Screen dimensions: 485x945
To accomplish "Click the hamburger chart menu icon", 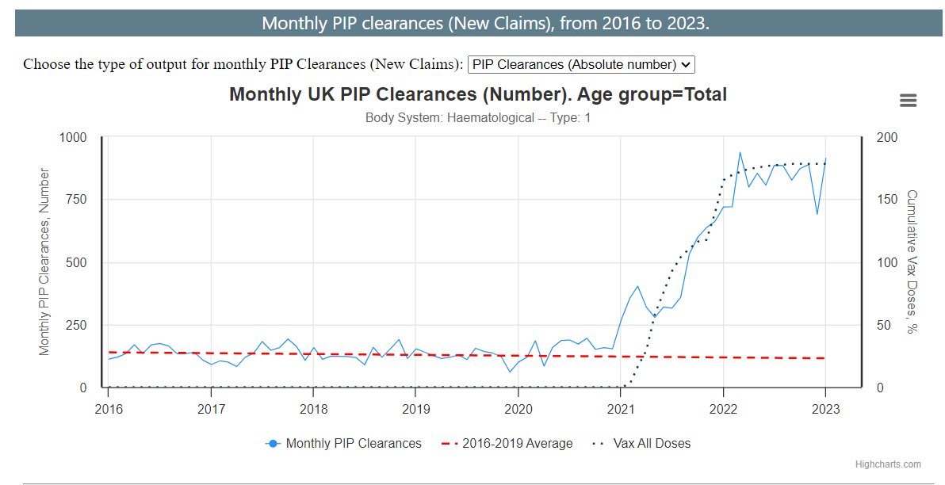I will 909,101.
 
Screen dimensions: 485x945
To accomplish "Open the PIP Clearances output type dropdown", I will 581,64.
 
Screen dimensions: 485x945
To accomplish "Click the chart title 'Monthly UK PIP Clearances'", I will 477,95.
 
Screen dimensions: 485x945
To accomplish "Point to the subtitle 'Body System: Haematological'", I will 477,118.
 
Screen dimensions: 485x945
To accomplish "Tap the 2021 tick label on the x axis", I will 621,409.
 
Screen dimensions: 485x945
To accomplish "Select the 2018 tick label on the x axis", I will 313,409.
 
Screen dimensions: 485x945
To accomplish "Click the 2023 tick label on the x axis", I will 826,409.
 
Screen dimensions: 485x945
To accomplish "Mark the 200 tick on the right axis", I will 887,138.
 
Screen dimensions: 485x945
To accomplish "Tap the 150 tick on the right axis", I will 887,200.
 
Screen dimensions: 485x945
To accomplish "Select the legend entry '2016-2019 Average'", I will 517,444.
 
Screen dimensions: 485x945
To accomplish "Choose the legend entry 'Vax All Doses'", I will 652,444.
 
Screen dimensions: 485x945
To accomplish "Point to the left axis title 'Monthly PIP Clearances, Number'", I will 44,262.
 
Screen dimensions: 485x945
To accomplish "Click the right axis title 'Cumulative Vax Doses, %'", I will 912,262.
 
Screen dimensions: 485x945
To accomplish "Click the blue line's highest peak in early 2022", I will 740,152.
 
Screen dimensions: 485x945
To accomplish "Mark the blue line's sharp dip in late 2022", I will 817,214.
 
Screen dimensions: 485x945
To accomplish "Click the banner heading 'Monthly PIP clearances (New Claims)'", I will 485,23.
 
